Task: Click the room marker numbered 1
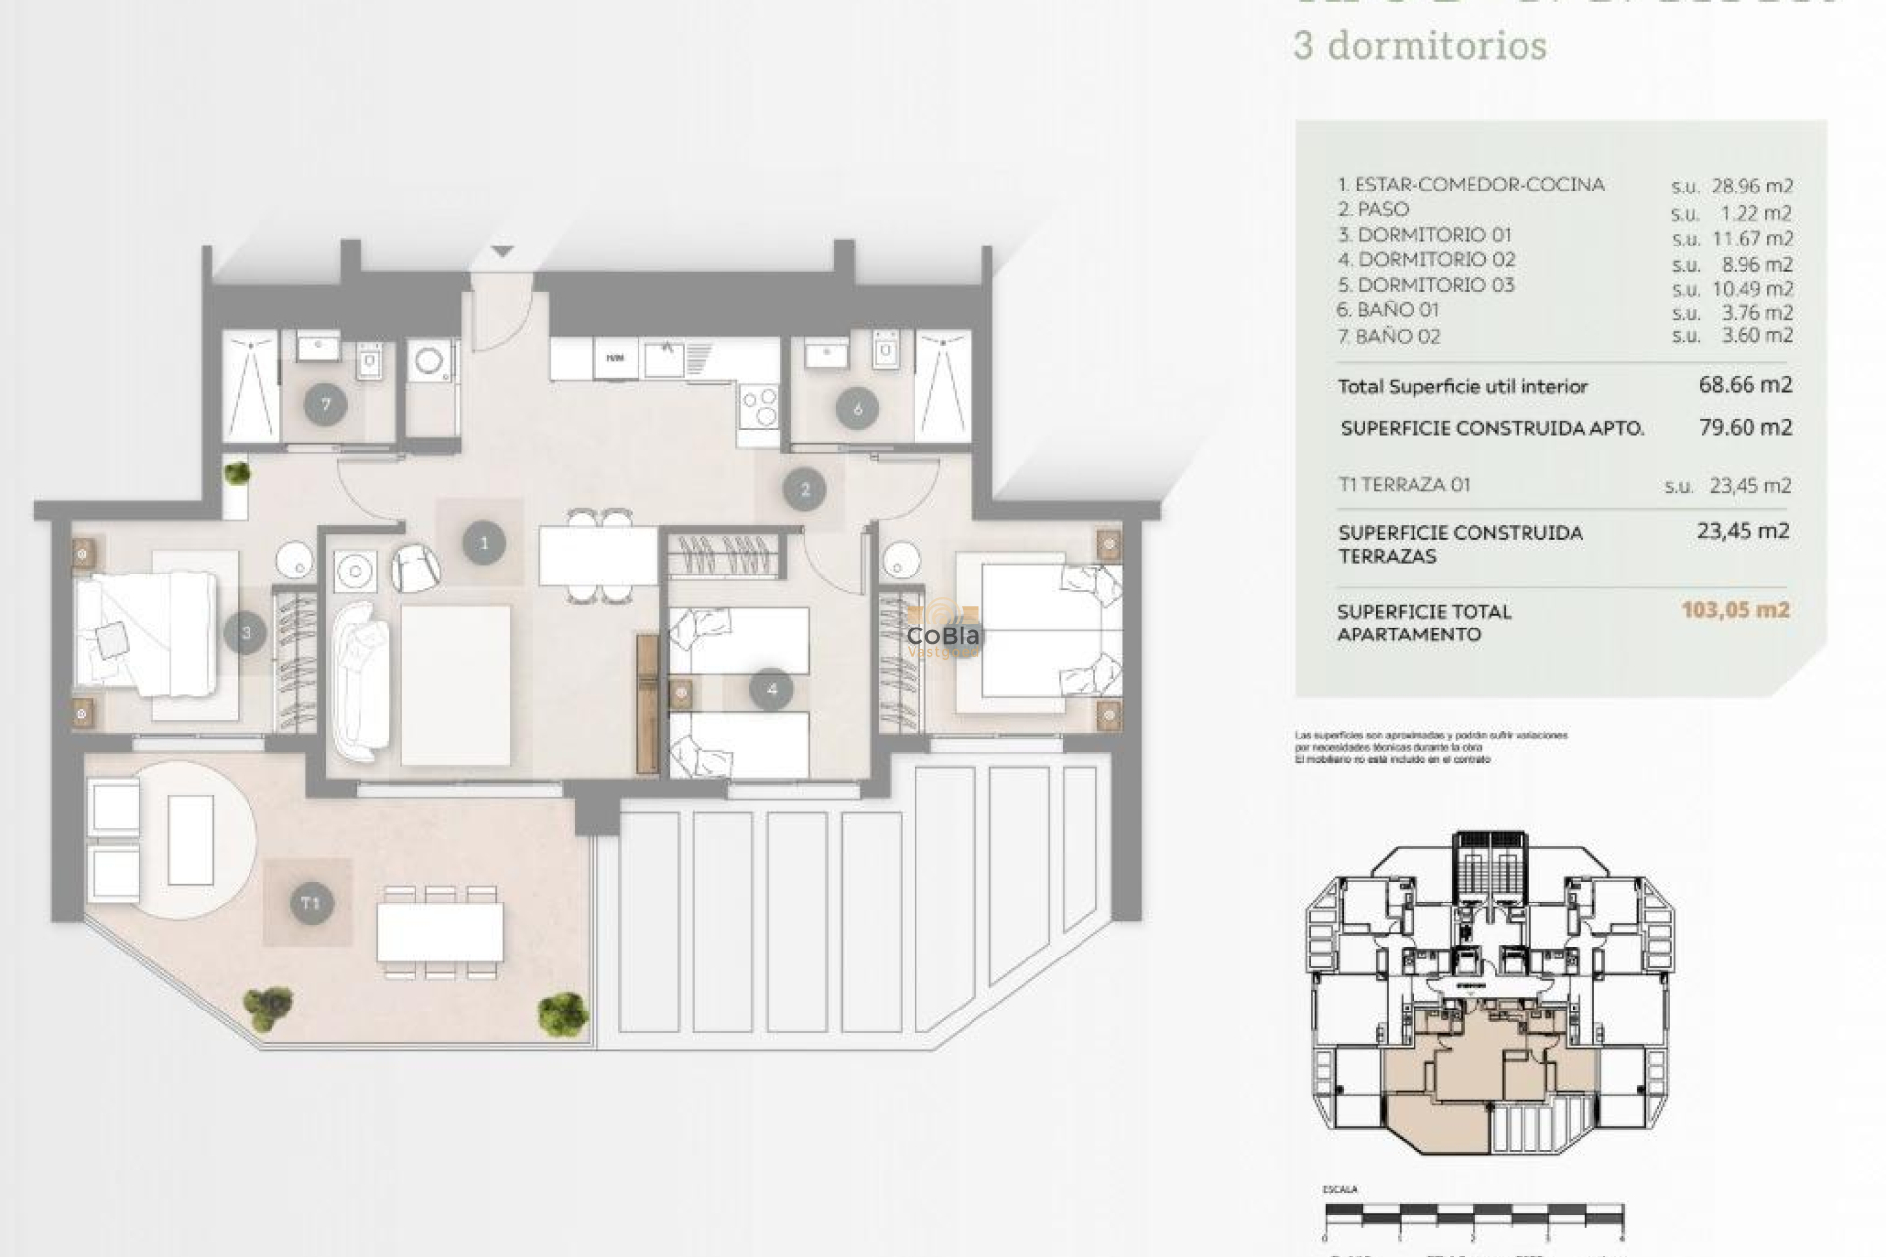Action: (x=483, y=543)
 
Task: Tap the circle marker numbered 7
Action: (x=325, y=404)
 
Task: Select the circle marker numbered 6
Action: (x=857, y=409)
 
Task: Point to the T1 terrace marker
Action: (x=310, y=903)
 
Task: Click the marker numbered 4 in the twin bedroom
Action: (x=771, y=689)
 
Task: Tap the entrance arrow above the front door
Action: (x=502, y=252)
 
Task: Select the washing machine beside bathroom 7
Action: (x=430, y=361)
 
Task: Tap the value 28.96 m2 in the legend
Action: (x=1752, y=186)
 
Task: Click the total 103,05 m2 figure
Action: (x=1735, y=610)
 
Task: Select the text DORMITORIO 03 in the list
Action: (x=1435, y=285)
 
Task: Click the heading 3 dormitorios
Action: (x=1419, y=46)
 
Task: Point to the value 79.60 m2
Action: (x=1745, y=427)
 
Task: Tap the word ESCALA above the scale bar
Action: (x=1340, y=1190)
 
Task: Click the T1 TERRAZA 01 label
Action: (x=1404, y=484)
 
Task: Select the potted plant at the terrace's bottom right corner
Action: (x=563, y=1011)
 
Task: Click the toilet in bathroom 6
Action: (x=885, y=350)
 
